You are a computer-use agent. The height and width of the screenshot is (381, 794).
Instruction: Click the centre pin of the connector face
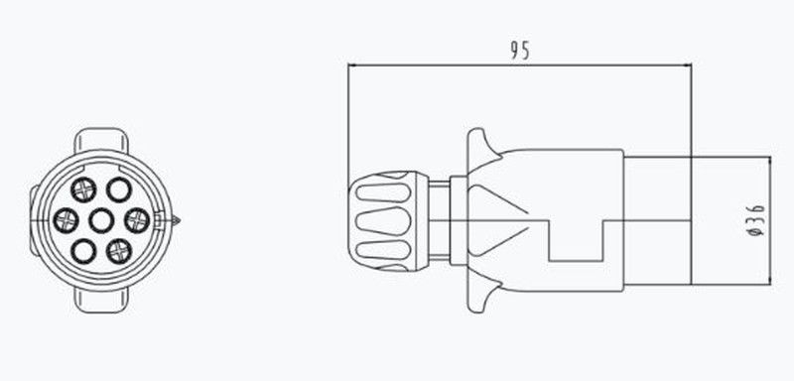pos(101,220)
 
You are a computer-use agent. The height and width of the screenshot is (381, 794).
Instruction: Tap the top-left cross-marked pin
pos(83,190)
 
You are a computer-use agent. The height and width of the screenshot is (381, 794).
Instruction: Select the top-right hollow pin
pos(119,190)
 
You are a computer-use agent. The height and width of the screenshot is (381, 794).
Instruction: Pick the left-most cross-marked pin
pos(66,220)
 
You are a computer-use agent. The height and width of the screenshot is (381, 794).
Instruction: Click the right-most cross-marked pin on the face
pos(137,220)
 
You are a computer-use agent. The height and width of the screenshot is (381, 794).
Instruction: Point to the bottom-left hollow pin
pos(83,251)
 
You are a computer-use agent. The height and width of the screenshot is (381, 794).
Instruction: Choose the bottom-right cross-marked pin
pos(119,251)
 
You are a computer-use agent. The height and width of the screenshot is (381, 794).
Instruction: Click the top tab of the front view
pos(101,139)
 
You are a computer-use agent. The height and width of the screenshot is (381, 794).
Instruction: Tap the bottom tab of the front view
pos(101,301)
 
